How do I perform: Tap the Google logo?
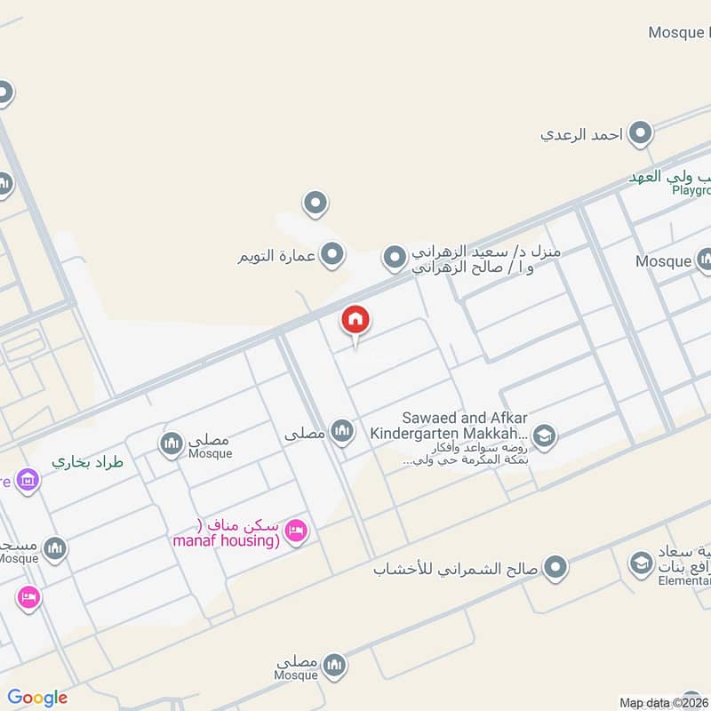pyautogui.click(x=37, y=698)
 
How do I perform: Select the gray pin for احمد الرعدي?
pyautogui.click(x=640, y=134)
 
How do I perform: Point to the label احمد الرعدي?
pyautogui.click(x=581, y=135)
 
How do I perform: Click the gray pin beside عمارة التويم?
pyautogui.click(x=332, y=256)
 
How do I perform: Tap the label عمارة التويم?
pyautogui.click(x=276, y=257)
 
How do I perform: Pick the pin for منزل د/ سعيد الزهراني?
pyautogui.click(x=395, y=259)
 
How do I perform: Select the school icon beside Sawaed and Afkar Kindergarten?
pyautogui.click(x=545, y=435)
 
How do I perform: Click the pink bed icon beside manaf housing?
pyautogui.click(x=296, y=531)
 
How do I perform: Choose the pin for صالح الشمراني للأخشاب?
pyautogui.click(x=555, y=566)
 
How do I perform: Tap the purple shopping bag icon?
pyautogui.click(x=28, y=481)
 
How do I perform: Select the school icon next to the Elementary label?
pyautogui.click(x=641, y=563)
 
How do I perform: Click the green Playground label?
pyautogui.click(x=691, y=190)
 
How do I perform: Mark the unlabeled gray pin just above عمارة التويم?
pyautogui.click(x=315, y=204)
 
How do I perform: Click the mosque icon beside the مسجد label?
pyautogui.click(x=55, y=548)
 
